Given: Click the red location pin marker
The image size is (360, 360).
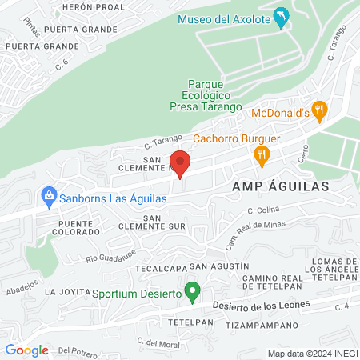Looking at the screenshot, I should tap(180, 162).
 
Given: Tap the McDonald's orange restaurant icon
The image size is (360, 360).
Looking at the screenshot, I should tap(320, 112).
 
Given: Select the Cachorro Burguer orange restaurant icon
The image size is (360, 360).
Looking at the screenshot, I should tap(261, 155).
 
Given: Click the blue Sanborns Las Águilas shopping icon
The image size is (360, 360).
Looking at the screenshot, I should tap(50, 195).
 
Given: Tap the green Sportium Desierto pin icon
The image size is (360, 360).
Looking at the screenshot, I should tap(192, 291).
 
